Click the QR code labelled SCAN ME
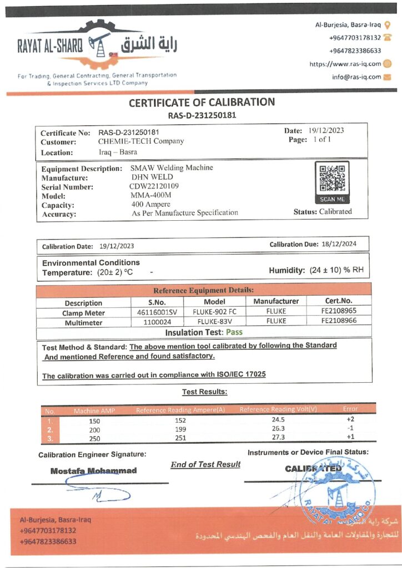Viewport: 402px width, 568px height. tap(332, 179)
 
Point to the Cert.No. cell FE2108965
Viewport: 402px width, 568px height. tap(339, 312)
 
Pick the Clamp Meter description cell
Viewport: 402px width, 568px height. tap(83, 313)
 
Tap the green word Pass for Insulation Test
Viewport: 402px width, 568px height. tap(233, 332)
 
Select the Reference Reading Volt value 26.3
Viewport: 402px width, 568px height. tap(278, 428)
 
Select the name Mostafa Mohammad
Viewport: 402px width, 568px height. tap(93, 471)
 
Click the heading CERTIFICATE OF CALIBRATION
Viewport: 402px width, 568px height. tap(202, 103)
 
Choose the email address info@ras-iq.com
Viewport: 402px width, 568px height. tap(356, 77)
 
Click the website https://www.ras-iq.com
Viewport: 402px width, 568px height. tap(345, 64)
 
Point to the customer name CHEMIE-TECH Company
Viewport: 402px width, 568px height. tap(137, 141)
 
